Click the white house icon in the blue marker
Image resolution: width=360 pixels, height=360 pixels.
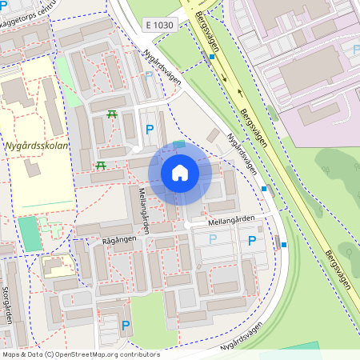[180, 172]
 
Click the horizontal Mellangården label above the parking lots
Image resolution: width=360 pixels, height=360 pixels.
[231, 218]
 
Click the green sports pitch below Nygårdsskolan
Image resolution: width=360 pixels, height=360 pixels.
[29, 232]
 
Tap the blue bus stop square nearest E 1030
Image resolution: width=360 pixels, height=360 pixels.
[212, 57]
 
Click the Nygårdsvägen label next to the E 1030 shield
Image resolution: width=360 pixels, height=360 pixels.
[163, 66]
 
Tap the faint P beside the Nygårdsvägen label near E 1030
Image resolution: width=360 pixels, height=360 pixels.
[148, 75]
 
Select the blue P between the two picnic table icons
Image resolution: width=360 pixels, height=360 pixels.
[149, 129]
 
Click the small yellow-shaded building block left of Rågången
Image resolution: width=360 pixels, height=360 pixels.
[58, 267]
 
